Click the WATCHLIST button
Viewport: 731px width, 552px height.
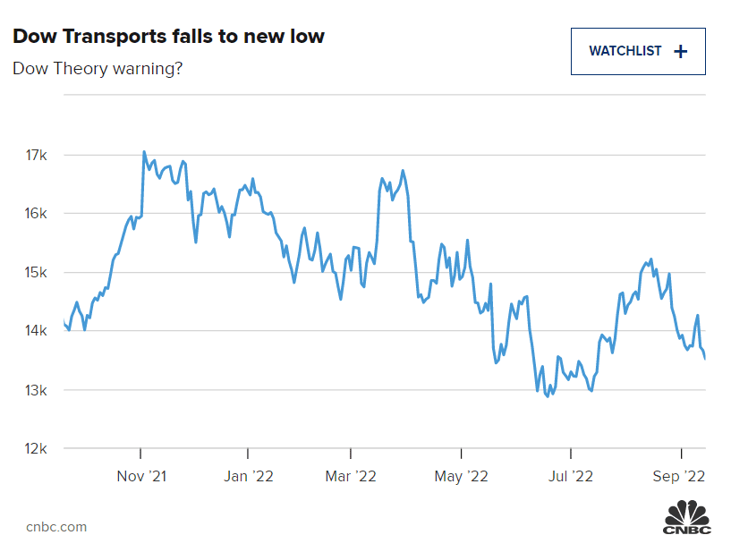[x=637, y=51]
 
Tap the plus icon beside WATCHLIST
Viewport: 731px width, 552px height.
[x=680, y=51]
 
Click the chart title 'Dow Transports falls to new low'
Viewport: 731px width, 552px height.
[x=168, y=37]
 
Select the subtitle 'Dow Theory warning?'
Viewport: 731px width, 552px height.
[x=98, y=68]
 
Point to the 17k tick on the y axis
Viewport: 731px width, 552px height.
[x=37, y=155]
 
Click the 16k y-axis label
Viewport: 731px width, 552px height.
[x=37, y=214]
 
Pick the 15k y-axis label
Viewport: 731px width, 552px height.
[x=37, y=273]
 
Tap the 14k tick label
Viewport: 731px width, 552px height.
[x=37, y=331]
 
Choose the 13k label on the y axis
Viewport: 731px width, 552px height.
[x=37, y=390]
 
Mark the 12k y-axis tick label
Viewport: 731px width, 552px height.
[x=37, y=449]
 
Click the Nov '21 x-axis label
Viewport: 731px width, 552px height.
[x=140, y=476]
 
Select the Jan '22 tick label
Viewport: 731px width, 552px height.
[x=248, y=476]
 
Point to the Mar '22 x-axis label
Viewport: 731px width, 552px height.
[x=351, y=476]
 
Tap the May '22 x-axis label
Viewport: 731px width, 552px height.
[x=461, y=476]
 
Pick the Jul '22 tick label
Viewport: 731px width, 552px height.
[x=570, y=476]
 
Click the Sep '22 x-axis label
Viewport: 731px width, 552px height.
[x=681, y=476]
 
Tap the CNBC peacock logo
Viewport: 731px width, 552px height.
[x=686, y=518]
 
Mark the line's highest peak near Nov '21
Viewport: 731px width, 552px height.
[x=144, y=152]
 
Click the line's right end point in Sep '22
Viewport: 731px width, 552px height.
[x=705, y=359]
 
